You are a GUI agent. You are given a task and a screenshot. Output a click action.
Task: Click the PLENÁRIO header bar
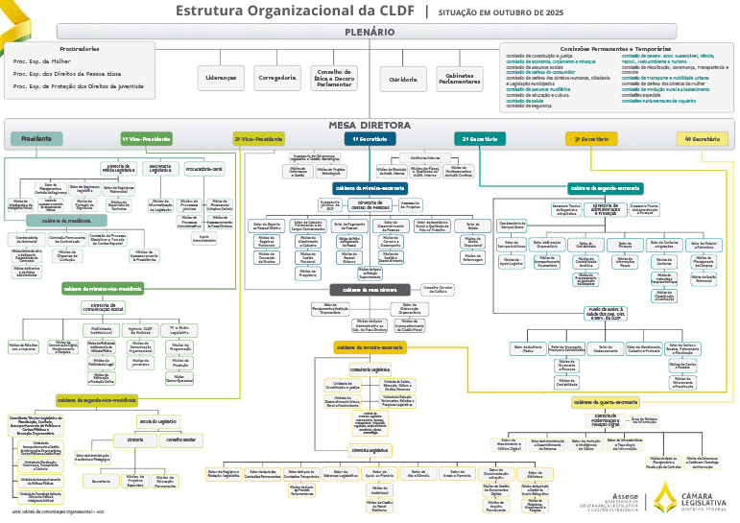coord(370,33)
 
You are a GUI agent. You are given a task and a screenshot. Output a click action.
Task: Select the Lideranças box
coord(221,78)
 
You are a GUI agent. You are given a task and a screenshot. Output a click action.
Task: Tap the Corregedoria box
coord(277,78)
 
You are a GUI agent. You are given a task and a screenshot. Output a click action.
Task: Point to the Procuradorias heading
coord(79,47)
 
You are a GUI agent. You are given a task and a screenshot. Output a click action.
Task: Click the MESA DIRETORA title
coord(370,125)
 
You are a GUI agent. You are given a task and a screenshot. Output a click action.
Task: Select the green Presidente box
coord(36,139)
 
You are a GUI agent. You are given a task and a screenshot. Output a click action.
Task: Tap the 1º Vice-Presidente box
coord(146,139)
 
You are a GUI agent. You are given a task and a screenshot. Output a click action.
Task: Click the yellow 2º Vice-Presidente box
coord(258,139)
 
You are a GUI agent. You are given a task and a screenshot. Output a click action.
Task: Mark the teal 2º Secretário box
coord(480,139)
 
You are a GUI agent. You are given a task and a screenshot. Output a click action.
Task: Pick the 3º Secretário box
coord(591,139)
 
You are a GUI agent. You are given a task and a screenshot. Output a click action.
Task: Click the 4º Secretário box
coord(702,139)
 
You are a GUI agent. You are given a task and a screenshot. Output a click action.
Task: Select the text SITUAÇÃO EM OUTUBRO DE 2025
coord(501,12)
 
